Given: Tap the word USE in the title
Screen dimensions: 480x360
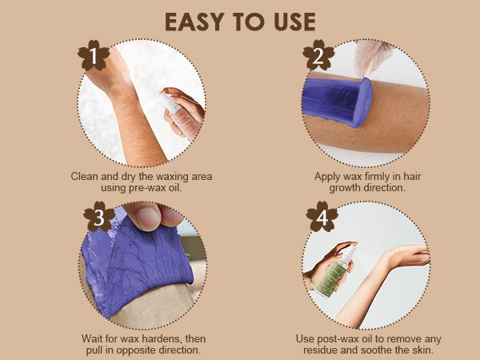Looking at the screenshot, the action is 294,22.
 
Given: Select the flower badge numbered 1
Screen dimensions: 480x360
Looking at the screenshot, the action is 94,55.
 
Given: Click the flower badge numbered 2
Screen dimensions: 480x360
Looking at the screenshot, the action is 318,55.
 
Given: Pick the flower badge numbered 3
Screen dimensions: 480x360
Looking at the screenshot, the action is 99,217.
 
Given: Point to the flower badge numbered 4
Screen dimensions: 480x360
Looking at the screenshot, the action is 322,217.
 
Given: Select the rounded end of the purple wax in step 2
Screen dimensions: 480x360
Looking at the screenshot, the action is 362,102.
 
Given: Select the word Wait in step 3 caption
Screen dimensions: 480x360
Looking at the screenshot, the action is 92,339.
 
